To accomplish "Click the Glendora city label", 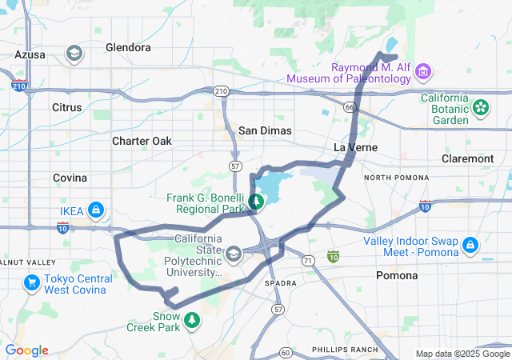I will tap(128, 47).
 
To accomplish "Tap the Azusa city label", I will tap(30, 54).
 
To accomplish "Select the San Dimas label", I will tap(265, 130).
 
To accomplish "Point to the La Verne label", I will tap(350, 148).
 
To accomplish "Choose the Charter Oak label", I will tap(142, 141).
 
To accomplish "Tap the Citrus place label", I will tap(66, 106).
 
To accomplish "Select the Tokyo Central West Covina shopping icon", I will tap(31, 282).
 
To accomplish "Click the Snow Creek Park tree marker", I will tap(192, 321).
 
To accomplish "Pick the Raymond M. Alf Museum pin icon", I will tap(423, 73).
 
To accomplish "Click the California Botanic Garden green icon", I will tap(481, 106).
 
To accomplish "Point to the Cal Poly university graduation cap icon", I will tap(234, 254).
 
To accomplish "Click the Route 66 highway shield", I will tap(350, 106).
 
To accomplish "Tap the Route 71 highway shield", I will tap(307, 262).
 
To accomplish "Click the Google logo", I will tap(26, 350).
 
